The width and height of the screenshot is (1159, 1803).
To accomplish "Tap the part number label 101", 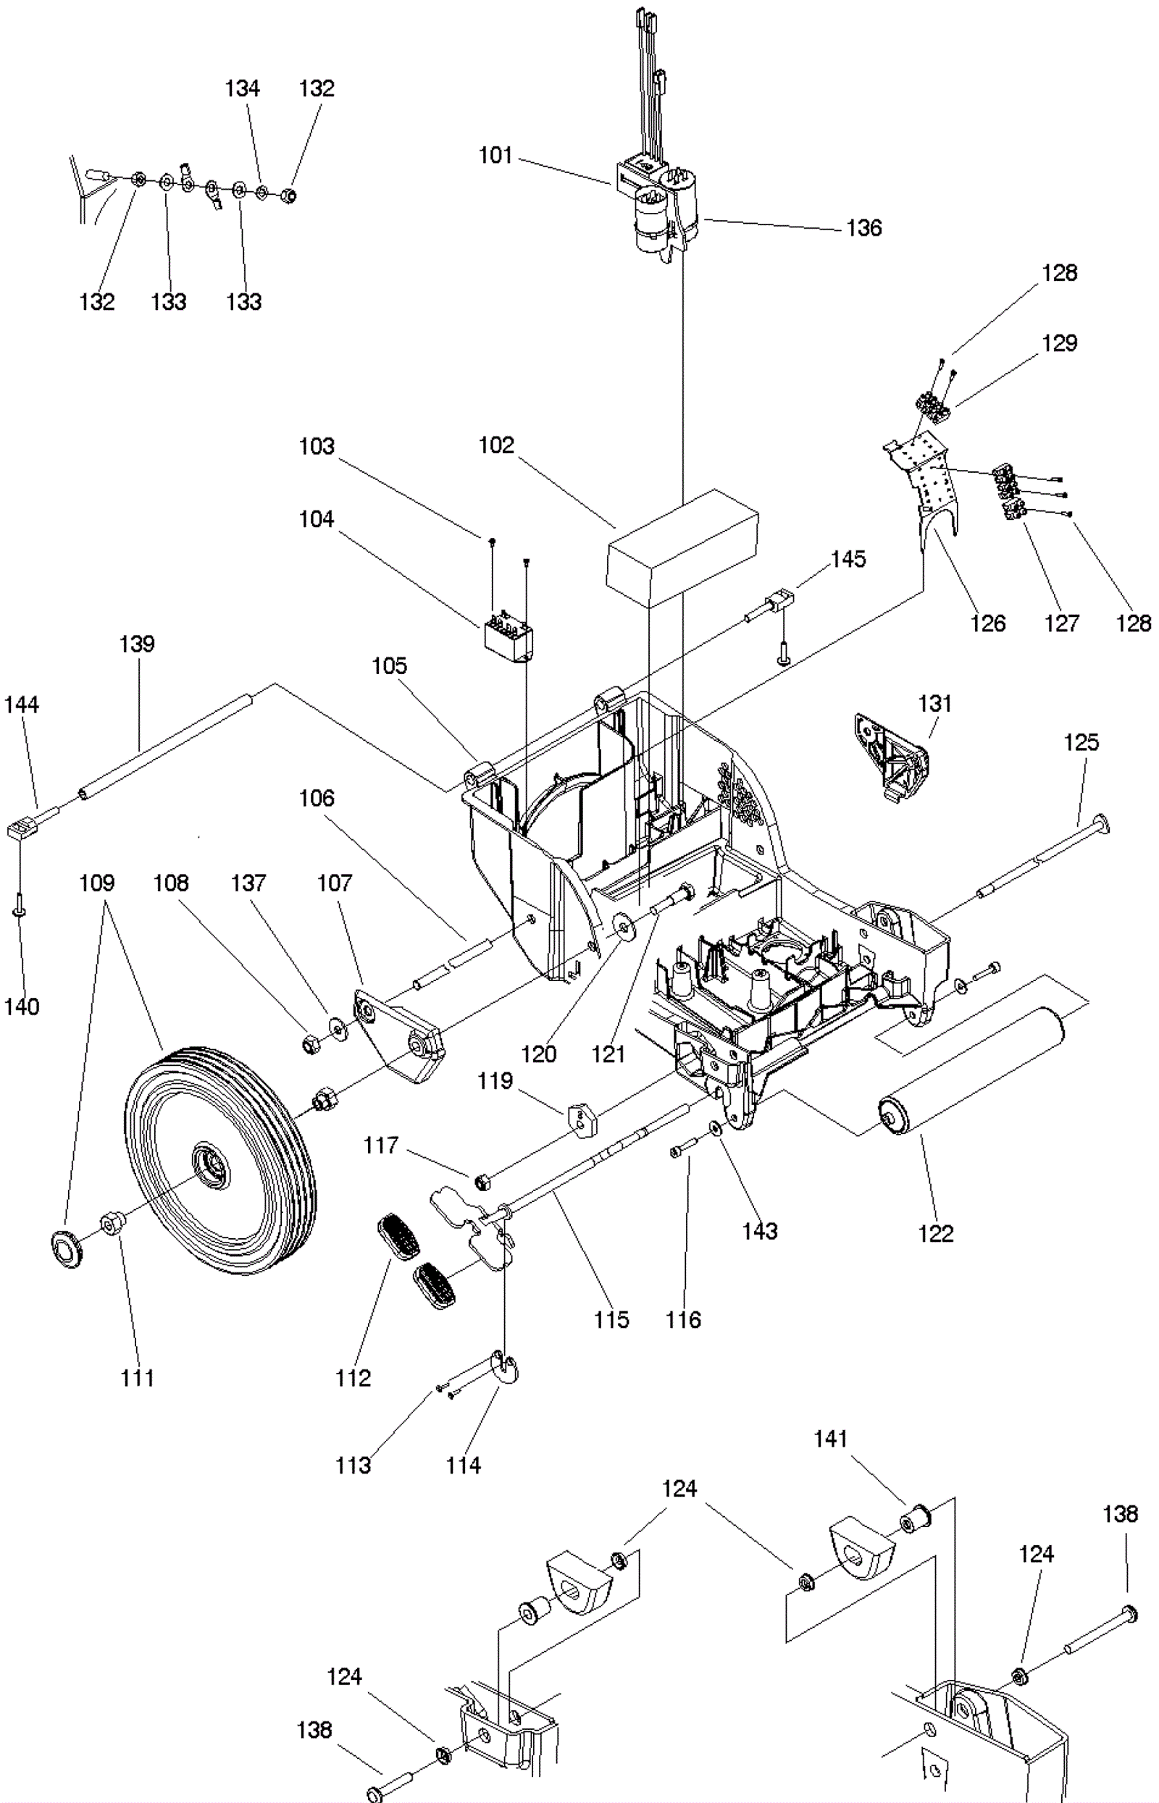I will pyautogui.click(x=495, y=156).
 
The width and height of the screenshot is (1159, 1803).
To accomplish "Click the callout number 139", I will pyautogui.click(x=137, y=644).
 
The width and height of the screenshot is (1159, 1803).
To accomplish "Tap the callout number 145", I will pyautogui.click(x=848, y=560).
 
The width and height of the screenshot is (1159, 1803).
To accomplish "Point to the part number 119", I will pyautogui.click(x=495, y=1081).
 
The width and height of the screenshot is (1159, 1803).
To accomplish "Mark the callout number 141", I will pyautogui.click(x=831, y=1439).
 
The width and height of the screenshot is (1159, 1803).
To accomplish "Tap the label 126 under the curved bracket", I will pyautogui.click(x=987, y=623).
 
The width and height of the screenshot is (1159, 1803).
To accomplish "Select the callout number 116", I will pyautogui.click(x=682, y=1319).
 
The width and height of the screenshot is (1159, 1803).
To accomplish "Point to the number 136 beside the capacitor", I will pyautogui.click(x=864, y=228).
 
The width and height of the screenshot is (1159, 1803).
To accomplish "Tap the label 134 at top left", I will pyautogui.click(x=243, y=89).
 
